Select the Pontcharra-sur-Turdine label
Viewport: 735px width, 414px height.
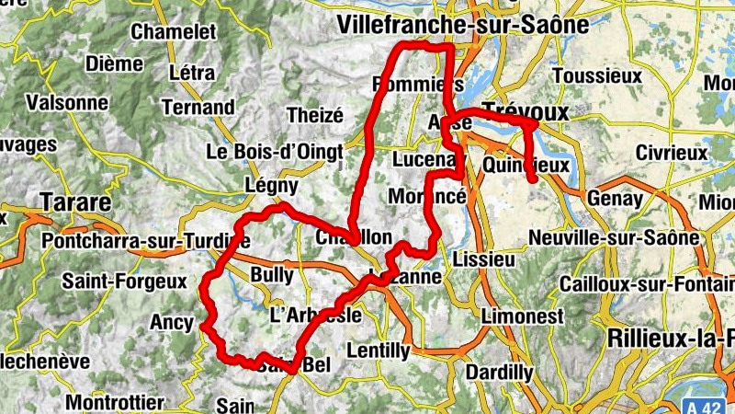[145, 241]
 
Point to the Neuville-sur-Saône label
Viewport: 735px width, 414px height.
[614, 238]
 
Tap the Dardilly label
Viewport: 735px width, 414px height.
[499, 373]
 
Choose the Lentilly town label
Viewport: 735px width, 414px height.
[379, 351]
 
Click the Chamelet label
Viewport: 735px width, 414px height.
[174, 31]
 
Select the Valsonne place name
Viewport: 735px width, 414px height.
[67, 102]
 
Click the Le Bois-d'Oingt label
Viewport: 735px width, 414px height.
[275, 151]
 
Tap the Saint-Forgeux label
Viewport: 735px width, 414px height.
[124, 280]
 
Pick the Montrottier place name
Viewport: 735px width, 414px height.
[115, 402]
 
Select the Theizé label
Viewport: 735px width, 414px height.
[314, 115]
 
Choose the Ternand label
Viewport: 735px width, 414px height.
[198, 107]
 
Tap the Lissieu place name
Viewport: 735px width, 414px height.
[484, 259]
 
